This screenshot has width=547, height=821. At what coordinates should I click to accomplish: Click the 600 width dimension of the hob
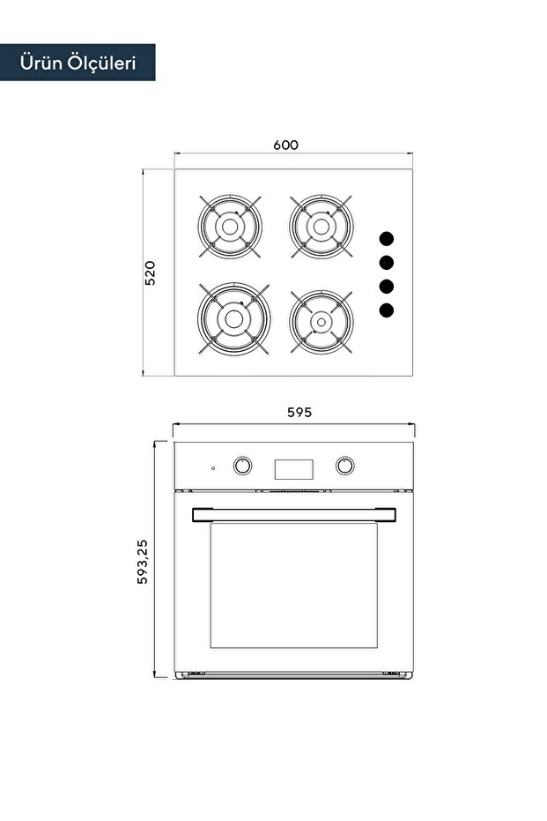(x=285, y=145)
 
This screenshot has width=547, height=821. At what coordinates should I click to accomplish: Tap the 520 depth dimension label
(x=150, y=272)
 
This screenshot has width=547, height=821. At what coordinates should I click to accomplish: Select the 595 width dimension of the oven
(x=299, y=412)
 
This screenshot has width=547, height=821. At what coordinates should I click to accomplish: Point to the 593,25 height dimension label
(x=142, y=562)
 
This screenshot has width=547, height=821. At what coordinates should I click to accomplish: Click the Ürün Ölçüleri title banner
(x=78, y=63)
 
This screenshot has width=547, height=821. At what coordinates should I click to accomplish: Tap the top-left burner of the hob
(x=230, y=226)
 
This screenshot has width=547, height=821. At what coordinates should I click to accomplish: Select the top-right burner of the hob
(x=322, y=226)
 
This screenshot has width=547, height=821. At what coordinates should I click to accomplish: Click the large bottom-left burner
(x=233, y=318)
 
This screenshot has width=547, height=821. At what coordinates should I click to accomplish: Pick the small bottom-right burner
(x=322, y=322)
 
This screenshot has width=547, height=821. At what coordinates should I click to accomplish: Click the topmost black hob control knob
(x=387, y=239)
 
